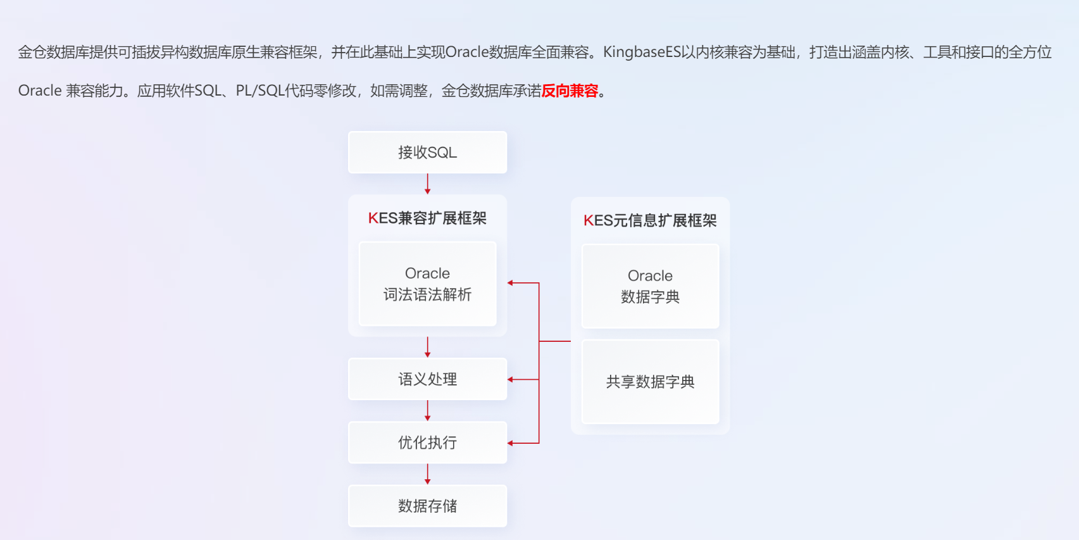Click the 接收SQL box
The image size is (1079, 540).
tap(427, 153)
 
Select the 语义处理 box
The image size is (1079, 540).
tap(427, 379)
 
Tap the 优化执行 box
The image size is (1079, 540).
tap(427, 443)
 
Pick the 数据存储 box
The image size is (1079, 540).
tap(427, 506)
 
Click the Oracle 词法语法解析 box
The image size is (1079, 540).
tap(427, 284)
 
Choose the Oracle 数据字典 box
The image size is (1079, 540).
tap(650, 286)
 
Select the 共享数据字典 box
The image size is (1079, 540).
tap(650, 382)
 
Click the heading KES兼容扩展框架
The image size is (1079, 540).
tap(427, 218)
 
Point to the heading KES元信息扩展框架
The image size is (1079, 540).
tap(650, 221)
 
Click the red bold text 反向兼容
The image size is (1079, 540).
tap(570, 91)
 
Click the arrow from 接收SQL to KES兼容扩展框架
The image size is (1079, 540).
tap(428, 184)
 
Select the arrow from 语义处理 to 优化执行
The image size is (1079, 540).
tap(428, 410)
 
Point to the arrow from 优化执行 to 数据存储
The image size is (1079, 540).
tap(428, 474)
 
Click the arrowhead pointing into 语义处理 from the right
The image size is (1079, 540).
tap(511, 379)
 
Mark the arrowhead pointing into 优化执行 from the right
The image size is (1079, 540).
tap(511, 443)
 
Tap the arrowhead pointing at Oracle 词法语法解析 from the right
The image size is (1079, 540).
tap(511, 283)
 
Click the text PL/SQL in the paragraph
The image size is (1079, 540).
tap(259, 91)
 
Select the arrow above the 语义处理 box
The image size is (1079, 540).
tap(428, 347)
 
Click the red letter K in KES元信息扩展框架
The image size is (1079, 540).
tap(588, 221)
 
